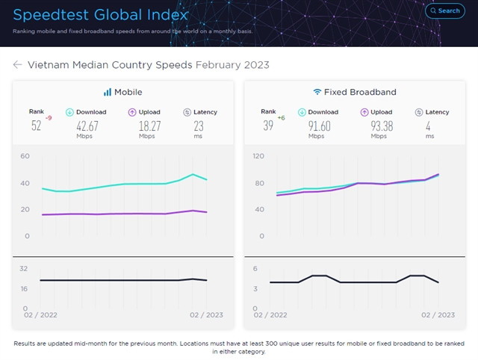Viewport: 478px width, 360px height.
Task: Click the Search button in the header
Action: (x=444, y=10)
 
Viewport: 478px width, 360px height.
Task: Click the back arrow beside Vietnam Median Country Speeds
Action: (x=17, y=65)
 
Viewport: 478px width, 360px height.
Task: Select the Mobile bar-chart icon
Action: (x=107, y=92)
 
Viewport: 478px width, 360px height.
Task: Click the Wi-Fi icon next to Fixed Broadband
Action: (x=317, y=92)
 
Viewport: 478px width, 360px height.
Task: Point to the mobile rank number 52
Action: (x=36, y=125)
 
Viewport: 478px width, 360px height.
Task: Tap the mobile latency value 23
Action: (x=199, y=126)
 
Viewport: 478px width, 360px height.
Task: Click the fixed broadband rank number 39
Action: (x=267, y=125)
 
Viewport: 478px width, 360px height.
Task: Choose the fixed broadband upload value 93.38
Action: (x=382, y=126)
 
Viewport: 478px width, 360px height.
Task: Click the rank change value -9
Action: (x=49, y=118)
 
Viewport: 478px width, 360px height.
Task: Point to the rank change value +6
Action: (x=281, y=118)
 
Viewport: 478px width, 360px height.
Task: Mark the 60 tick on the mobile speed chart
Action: (x=25, y=156)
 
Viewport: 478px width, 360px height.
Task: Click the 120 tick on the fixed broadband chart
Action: (x=258, y=156)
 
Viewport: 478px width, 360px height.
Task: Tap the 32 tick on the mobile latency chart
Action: (x=24, y=268)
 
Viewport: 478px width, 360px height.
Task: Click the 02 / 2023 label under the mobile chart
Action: (x=205, y=315)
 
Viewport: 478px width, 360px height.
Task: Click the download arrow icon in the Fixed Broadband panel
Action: (x=303, y=112)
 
